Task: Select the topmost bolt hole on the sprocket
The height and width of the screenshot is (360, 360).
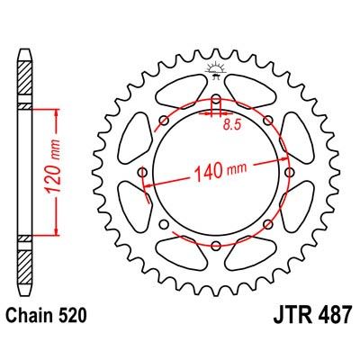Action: point(216,97)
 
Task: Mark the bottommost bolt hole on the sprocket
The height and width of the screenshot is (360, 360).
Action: point(216,245)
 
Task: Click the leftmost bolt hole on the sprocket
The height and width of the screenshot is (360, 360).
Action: point(142,171)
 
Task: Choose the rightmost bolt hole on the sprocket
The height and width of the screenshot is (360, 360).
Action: point(290,171)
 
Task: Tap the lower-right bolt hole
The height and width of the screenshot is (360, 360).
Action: point(268,223)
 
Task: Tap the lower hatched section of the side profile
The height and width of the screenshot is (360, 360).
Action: point(24,256)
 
